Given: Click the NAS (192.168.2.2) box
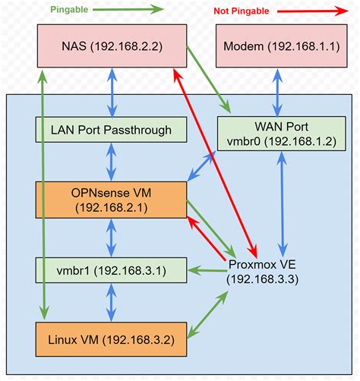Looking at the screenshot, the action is coord(112,46).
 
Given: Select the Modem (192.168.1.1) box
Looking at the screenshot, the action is coord(282,46).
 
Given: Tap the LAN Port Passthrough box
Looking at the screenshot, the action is coord(111,130).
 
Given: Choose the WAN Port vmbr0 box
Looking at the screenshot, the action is coord(282,134).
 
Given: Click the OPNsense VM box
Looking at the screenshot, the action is coord(111,200).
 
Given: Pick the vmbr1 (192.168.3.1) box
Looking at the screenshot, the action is coord(111,270).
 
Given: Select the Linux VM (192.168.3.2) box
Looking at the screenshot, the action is coord(111,339).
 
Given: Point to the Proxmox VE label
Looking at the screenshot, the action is coord(262,272).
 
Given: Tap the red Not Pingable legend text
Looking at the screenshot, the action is coord(242,11).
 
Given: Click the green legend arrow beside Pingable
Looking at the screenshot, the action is coord(128,10).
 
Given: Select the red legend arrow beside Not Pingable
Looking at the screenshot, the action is coord(313,11).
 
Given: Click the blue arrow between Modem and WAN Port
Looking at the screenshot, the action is coord(277,93).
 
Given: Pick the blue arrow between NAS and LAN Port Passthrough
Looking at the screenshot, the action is coord(112,93).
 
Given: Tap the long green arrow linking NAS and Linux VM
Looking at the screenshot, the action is coord(43,195).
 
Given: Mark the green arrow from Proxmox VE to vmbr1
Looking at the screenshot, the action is coord(207,270).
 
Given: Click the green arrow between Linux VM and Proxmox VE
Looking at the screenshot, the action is coord(207,315).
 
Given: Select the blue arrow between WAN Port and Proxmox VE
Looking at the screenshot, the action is coord(282,204).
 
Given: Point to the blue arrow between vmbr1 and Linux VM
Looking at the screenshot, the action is coord(111,303).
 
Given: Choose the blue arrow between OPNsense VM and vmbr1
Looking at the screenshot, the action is coord(111,238).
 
